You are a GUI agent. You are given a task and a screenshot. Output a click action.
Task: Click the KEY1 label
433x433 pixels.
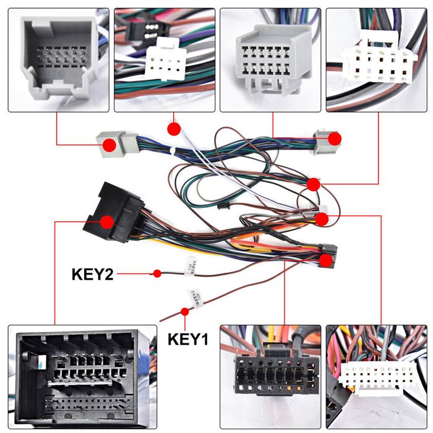pos(188,340)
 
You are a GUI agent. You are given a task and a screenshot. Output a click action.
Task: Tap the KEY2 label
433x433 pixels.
pos(93,273)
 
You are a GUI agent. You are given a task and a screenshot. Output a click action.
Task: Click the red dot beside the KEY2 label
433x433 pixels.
pos(157,273)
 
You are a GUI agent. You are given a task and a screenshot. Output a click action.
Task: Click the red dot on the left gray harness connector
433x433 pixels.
pos(109,145)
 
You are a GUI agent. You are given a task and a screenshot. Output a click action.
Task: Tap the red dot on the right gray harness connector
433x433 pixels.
pos(334,139)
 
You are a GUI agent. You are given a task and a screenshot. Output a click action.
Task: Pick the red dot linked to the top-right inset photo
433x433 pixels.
pos(314,184)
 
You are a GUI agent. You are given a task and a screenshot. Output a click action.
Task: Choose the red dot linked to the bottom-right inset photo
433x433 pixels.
pos(321,218)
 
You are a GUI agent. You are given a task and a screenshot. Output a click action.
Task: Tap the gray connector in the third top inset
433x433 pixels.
pos(270,53)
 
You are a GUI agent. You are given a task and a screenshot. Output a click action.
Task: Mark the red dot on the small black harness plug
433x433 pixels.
pos(325,259)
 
